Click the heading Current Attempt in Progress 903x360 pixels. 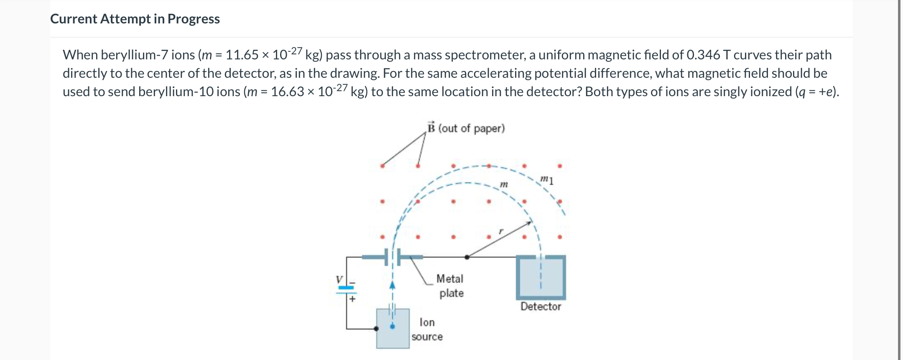coord(135,19)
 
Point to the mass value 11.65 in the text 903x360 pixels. coord(242,55)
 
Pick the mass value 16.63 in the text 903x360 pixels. coord(287,92)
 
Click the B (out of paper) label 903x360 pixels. coord(466,128)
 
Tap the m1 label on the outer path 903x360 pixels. coord(547,180)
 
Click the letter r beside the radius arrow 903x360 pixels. coord(501,231)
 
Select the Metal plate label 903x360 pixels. coord(450,286)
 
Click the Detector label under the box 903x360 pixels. coord(541,306)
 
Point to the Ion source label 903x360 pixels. coord(427,329)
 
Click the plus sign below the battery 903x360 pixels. coord(352,299)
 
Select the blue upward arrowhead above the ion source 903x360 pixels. coord(392,285)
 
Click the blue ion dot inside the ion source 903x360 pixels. coord(392,327)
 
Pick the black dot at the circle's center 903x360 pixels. coord(467,257)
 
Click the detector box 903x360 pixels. coord(541,277)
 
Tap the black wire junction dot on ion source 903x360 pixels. coord(376,329)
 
